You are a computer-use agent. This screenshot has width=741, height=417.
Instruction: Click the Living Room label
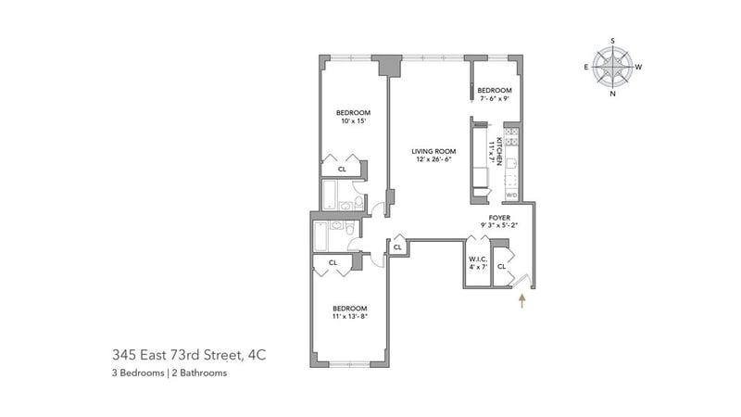click(x=433, y=151)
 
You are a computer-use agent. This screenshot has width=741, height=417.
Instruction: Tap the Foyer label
click(x=499, y=218)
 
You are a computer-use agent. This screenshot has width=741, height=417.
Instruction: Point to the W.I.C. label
click(x=478, y=259)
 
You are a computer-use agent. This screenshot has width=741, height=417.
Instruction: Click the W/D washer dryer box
click(x=512, y=195)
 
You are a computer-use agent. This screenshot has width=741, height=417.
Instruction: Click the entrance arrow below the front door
click(x=522, y=301)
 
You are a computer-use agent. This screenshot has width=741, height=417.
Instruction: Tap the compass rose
click(x=612, y=67)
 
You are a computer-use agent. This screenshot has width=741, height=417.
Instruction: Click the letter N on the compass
click(x=612, y=94)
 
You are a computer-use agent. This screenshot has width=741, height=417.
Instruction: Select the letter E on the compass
click(x=586, y=67)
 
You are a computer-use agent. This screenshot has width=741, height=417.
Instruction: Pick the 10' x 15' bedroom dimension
click(x=354, y=121)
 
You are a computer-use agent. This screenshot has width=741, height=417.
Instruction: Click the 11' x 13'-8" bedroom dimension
click(x=350, y=316)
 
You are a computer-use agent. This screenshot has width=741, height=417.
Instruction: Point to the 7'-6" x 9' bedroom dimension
click(x=495, y=99)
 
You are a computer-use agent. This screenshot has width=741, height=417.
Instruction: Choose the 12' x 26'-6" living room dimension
click(x=433, y=159)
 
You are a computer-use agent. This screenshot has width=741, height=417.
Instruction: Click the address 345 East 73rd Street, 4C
click(x=189, y=355)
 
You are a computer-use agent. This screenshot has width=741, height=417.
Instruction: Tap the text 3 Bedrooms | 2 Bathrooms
click(x=170, y=373)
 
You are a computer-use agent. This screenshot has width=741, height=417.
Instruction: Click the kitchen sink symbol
click(x=512, y=164)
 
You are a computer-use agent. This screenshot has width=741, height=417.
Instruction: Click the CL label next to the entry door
click(x=501, y=267)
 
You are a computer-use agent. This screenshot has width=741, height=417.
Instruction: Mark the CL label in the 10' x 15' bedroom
click(x=342, y=169)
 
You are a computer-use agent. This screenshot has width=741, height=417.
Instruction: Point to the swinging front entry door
click(x=522, y=282)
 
